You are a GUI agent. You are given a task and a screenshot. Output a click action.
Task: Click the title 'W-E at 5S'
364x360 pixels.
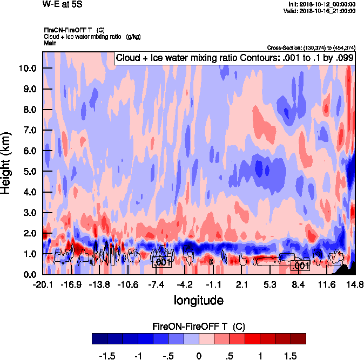[62, 5]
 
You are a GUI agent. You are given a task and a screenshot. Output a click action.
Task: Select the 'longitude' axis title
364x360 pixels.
[198, 300]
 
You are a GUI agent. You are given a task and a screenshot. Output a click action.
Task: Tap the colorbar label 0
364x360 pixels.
[199, 356]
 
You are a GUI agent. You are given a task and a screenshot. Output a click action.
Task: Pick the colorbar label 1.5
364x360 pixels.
[290, 356]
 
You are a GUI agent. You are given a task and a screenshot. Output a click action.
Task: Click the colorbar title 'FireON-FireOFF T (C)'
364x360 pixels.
[199, 326]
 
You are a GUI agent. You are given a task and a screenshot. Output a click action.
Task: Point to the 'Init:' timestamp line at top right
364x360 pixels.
[322, 4]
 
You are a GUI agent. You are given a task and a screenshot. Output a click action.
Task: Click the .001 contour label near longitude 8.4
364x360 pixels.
[300, 266]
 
